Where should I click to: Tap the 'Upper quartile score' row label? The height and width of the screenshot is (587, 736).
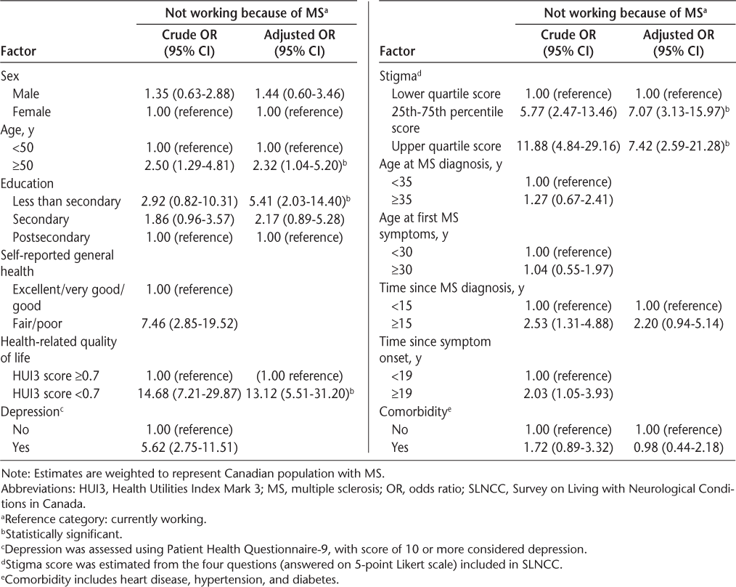446,145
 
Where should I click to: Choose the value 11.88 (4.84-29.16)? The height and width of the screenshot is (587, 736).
567,145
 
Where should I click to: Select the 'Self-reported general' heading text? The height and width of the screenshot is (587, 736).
54,254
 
